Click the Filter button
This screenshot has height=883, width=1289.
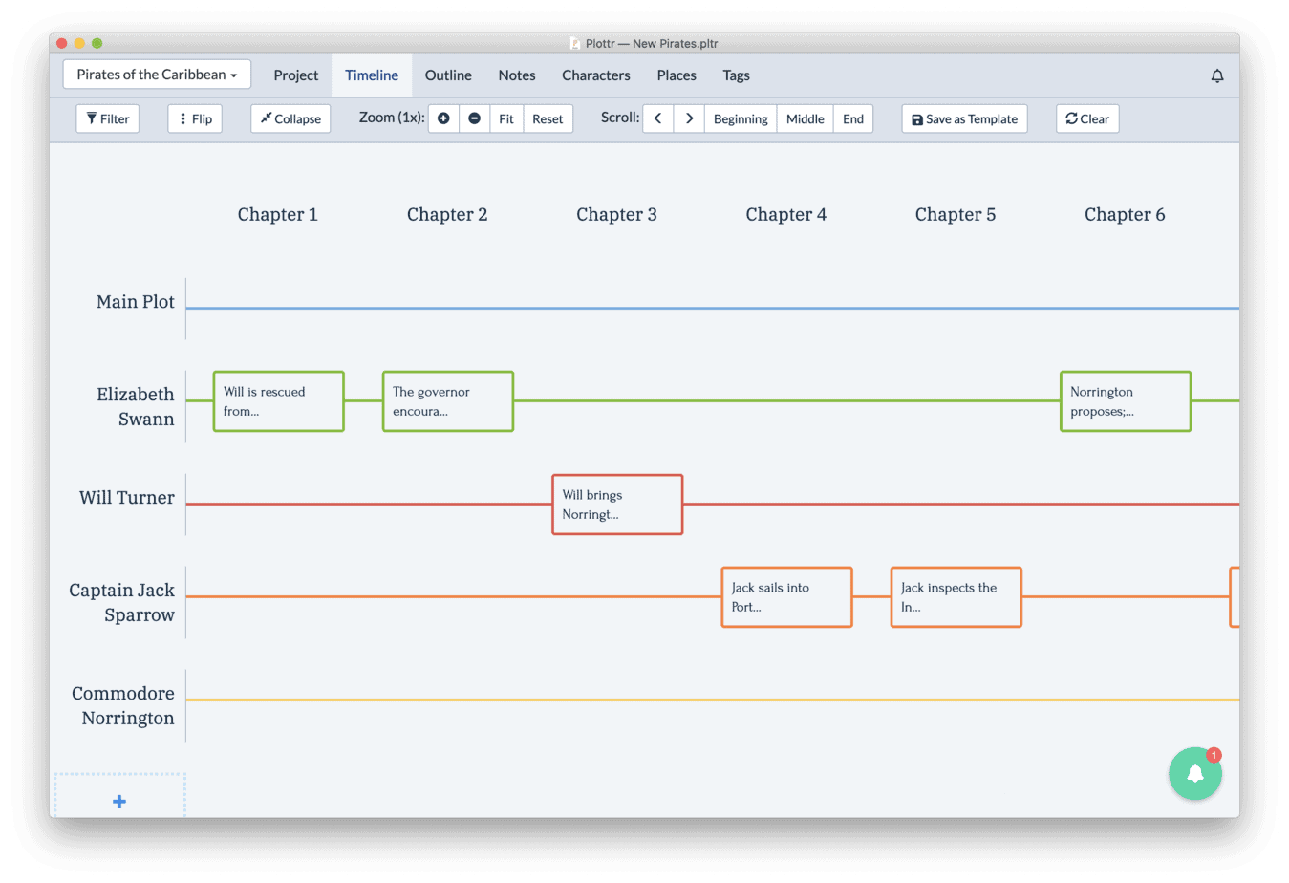[x=108, y=118]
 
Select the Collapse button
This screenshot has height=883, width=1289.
[x=290, y=118]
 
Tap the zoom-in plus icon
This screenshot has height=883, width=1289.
[x=443, y=118]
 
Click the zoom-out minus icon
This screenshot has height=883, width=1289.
[x=475, y=118]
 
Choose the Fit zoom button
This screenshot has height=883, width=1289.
[x=506, y=118]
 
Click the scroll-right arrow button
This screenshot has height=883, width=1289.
[x=689, y=118]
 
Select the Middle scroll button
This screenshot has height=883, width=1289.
[x=806, y=118]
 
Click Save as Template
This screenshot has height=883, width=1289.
[x=964, y=118]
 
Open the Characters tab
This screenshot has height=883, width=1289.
[x=596, y=75]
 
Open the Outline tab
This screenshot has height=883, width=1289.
[x=448, y=75]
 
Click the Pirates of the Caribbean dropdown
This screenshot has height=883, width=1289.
[x=157, y=75]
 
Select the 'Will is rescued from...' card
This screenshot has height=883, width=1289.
[x=279, y=401]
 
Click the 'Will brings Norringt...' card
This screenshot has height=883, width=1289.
[x=617, y=505]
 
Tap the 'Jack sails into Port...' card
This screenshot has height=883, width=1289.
[x=787, y=597]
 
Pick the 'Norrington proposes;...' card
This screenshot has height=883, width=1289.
[x=1126, y=401]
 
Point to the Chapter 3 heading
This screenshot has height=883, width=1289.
[x=616, y=214]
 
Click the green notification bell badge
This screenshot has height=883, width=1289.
[x=1195, y=773]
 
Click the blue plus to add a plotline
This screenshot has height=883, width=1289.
[x=119, y=801]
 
